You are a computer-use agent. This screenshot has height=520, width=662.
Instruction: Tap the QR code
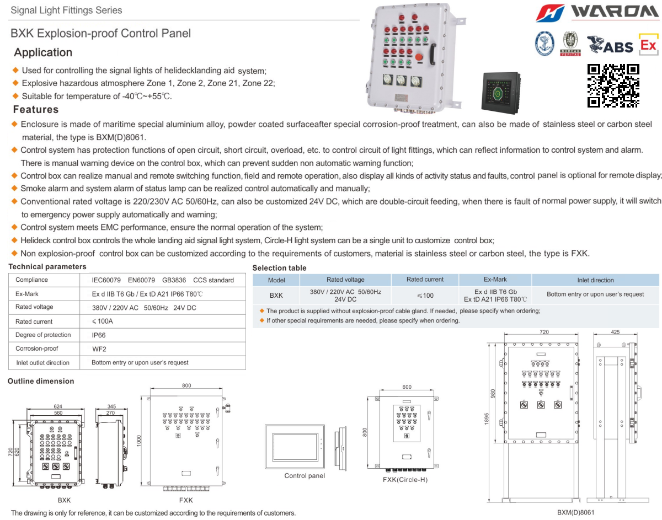tap(613, 85)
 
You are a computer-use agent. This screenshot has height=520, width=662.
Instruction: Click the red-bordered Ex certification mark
tap(648, 44)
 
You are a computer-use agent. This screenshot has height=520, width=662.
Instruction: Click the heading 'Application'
tap(43, 52)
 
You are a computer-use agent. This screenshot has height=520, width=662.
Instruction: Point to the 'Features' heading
tap(36, 109)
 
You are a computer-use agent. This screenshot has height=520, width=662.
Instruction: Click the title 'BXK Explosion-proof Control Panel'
tap(101, 33)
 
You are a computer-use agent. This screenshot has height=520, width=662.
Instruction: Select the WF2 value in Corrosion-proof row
tap(99, 349)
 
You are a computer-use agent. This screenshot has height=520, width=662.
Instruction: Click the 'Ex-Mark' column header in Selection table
tap(495, 280)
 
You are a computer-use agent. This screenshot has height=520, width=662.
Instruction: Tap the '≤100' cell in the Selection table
tap(425, 295)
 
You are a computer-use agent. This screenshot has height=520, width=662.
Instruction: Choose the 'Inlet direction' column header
tap(595, 280)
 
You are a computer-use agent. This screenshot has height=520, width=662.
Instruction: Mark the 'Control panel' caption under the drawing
tap(305, 476)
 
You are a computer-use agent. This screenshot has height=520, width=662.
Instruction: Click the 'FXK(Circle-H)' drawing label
tap(405, 479)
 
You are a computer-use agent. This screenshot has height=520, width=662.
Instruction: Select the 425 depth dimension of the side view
tap(615, 332)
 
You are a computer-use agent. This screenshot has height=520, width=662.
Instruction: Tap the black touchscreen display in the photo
tap(503, 92)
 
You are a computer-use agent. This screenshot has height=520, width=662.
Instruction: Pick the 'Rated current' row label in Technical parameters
tap(34, 321)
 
